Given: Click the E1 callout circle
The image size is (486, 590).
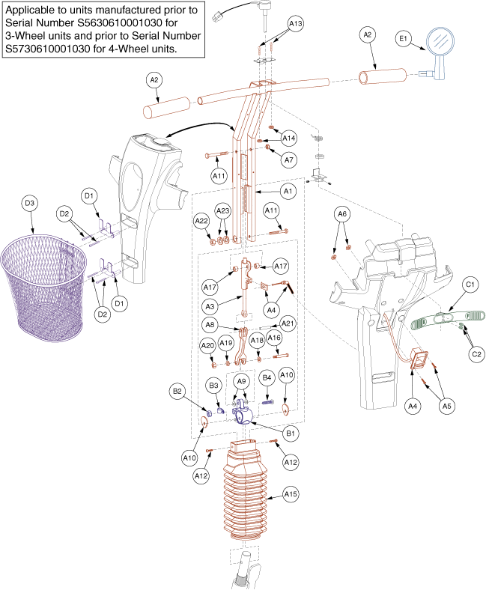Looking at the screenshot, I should point(402,39).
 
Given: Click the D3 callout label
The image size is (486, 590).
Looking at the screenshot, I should point(30,203).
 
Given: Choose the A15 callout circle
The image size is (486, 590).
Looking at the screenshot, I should point(290,495).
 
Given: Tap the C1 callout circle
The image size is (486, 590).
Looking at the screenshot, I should point(470,285).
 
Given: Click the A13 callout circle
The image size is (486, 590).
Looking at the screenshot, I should point(296,24).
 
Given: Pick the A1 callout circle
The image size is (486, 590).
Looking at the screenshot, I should point(287,191).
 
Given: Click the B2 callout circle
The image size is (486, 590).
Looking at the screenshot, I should point(177,391).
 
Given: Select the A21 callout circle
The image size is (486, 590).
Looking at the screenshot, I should point(287,323).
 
